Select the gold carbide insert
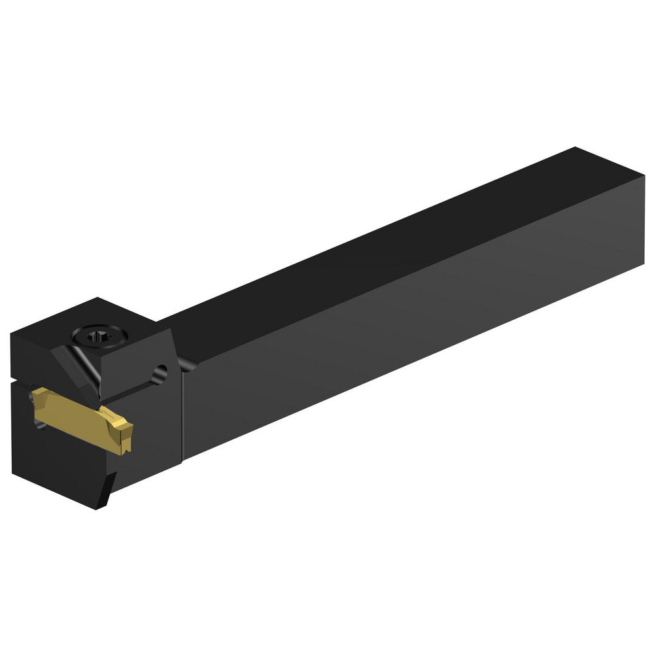click(x=82, y=419)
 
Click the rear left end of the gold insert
click(x=38, y=396)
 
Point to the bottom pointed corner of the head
click(x=99, y=508)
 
